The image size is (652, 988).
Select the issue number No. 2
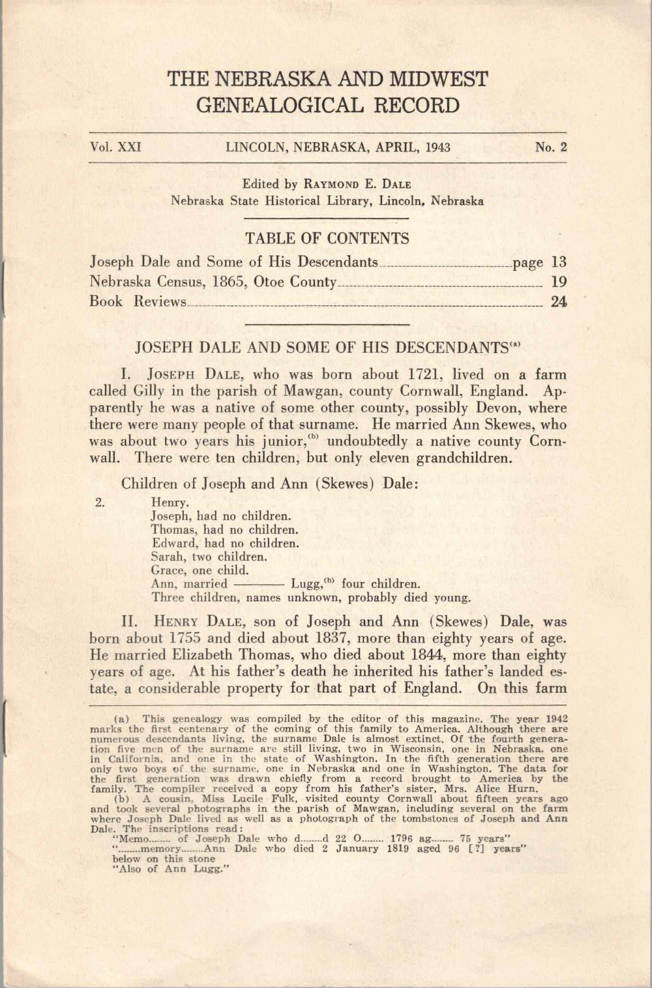pos(551,147)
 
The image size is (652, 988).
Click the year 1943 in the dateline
pos(437,147)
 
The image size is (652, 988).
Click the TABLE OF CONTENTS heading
pos(327,238)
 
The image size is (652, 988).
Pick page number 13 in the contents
pos(558,262)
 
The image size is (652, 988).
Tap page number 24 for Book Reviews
pos(558,301)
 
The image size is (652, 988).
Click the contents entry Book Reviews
pos(138,301)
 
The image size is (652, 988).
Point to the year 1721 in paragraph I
pos(425,375)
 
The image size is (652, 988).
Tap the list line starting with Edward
pos(225,543)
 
